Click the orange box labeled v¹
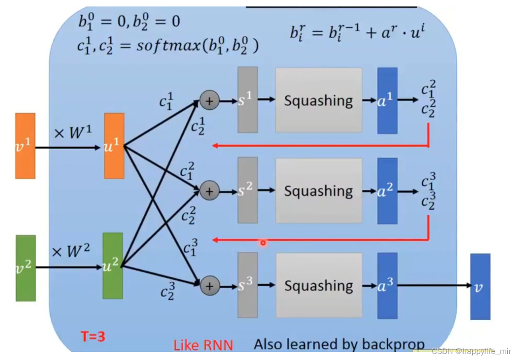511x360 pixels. [x=25, y=146]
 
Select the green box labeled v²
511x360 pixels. [x=25, y=268]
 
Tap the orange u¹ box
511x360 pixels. [x=114, y=146]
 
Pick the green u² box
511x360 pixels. [x=113, y=265]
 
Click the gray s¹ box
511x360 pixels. [x=248, y=100]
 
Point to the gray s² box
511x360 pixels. [x=248, y=190]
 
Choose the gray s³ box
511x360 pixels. [x=248, y=285]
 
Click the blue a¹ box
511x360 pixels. [x=387, y=100]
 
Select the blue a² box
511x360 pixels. [x=387, y=190]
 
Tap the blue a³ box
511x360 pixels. [x=387, y=286]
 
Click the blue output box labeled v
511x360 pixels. [x=480, y=287]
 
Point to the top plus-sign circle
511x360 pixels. [x=209, y=100]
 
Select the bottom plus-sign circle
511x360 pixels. [x=209, y=286]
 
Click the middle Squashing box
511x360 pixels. [x=318, y=190]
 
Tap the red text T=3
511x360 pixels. [x=93, y=337]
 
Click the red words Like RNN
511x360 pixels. [x=203, y=345]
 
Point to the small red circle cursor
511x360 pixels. [x=263, y=243]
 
